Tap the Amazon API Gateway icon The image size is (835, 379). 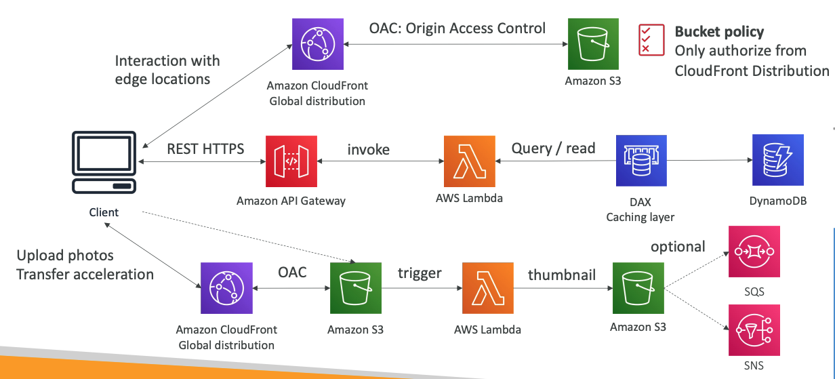tap(291, 161)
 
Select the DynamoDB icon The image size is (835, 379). tap(777, 160)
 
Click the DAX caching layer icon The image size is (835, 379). tap(641, 161)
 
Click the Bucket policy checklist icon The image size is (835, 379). tap(651, 39)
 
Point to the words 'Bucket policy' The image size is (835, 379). tap(719, 31)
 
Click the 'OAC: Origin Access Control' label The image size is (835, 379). tap(457, 28)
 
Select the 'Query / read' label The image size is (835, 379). tap(553, 148)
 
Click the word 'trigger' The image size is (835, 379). tap(420, 273)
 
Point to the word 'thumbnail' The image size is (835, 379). tap(562, 274)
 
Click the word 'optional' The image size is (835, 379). tap(678, 246)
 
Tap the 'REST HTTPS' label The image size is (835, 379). tap(205, 148)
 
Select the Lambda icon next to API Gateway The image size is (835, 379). tap(469, 161)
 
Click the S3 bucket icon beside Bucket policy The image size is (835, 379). tap(592, 43)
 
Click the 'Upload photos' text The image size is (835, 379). tap(65, 256)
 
